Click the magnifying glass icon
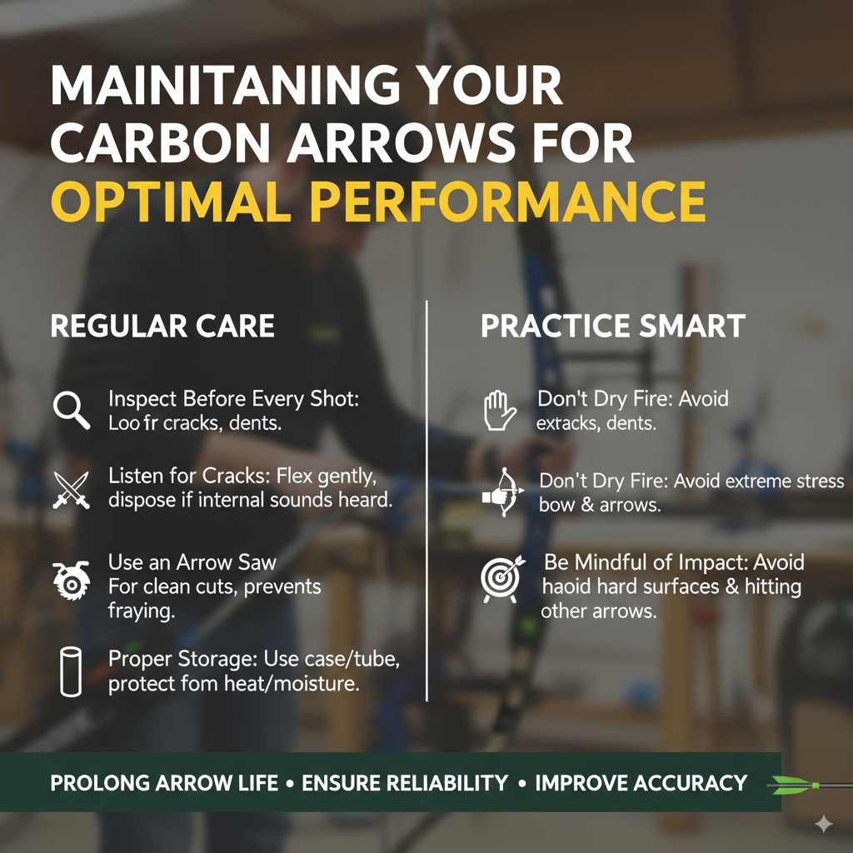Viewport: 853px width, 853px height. coord(71,410)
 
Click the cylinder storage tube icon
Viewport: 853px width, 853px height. coord(71,671)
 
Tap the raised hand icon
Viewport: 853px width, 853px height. coord(500,411)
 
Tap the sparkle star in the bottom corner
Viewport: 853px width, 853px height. coord(823,825)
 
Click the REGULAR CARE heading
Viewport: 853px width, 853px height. coord(162,326)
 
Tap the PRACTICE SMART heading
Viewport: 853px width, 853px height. coord(613,326)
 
